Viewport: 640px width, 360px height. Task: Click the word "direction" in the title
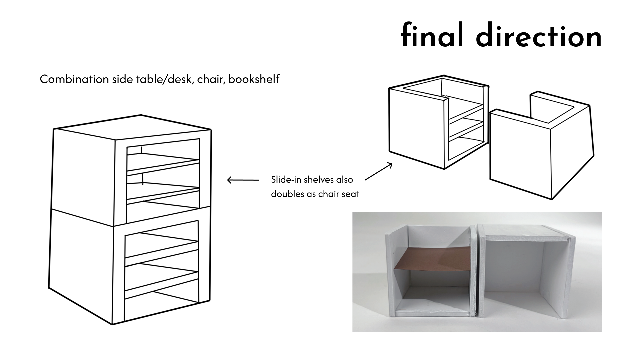click(x=539, y=35)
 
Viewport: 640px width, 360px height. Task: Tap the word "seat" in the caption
click(x=350, y=194)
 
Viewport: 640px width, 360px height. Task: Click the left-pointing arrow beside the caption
click(x=243, y=180)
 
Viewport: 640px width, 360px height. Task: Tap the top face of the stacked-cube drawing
click(x=133, y=127)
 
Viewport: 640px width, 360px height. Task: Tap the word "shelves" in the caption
click(x=319, y=180)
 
